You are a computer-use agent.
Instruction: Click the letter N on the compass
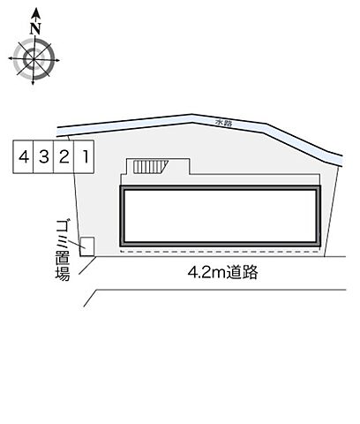[x=35, y=28]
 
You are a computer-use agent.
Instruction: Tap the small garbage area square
[x=87, y=245]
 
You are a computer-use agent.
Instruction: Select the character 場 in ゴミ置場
[x=62, y=275]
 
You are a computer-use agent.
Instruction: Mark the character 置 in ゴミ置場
[x=62, y=257]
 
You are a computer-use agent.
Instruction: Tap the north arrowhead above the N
[x=35, y=12]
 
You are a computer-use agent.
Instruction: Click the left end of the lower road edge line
[x=86, y=305]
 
